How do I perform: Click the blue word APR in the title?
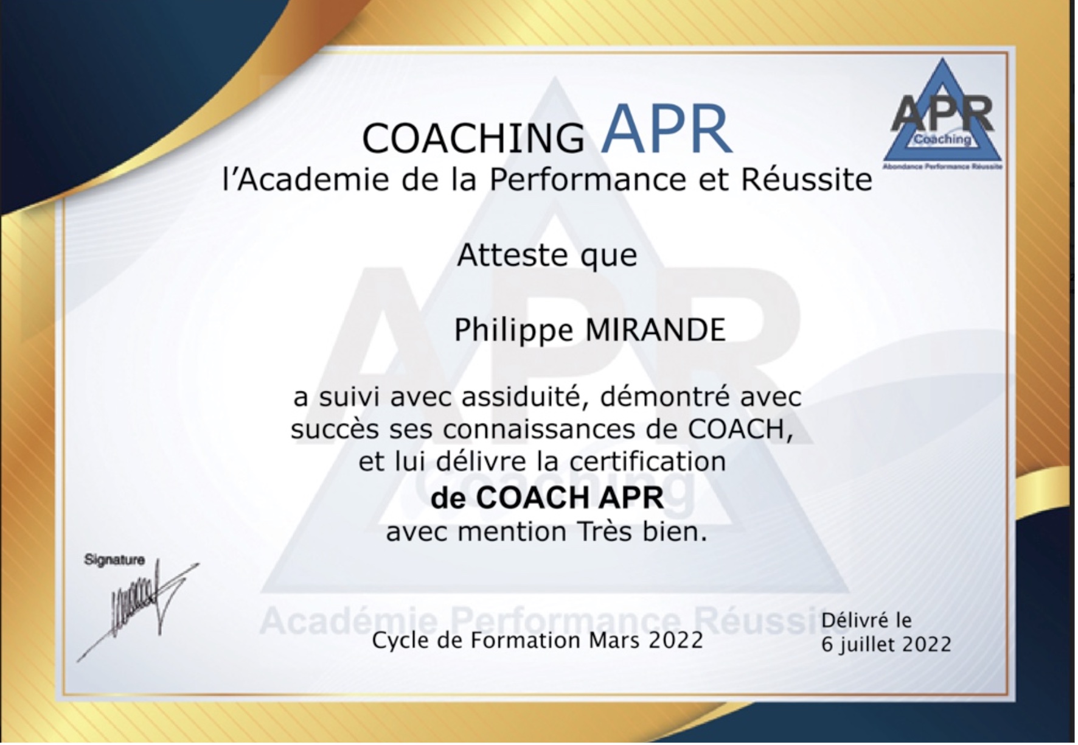[667, 130]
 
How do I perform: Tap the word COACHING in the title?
[473, 138]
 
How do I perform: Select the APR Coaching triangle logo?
[942, 114]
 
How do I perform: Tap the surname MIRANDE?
[655, 330]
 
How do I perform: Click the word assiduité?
[525, 397]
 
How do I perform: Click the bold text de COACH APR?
[547, 498]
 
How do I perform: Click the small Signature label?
[114, 559]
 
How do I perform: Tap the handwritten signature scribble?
[137, 609]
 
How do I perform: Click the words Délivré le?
[866, 620]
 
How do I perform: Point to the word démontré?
[665, 397]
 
